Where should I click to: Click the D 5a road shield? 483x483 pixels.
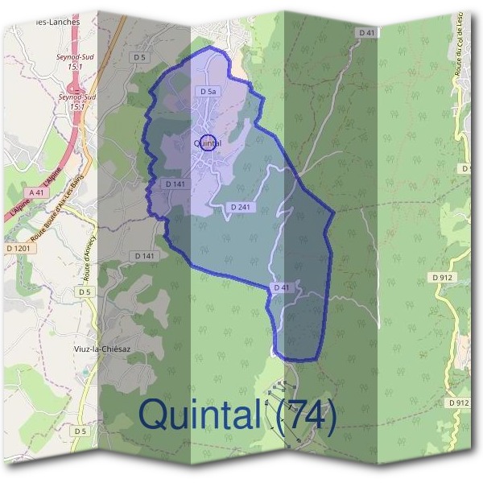(x=209, y=93)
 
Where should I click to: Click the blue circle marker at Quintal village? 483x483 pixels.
(x=208, y=142)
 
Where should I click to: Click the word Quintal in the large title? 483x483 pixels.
(x=198, y=415)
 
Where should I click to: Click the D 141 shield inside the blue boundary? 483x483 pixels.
(x=175, y=184)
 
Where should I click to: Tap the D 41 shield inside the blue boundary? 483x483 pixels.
(x=281, y=287)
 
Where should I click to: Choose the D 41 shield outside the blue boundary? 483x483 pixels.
(x=366, y=32)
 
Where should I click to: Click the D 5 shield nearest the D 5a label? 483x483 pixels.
(x=140, y=57)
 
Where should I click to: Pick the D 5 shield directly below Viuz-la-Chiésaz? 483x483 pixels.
(x=80, y=431)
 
